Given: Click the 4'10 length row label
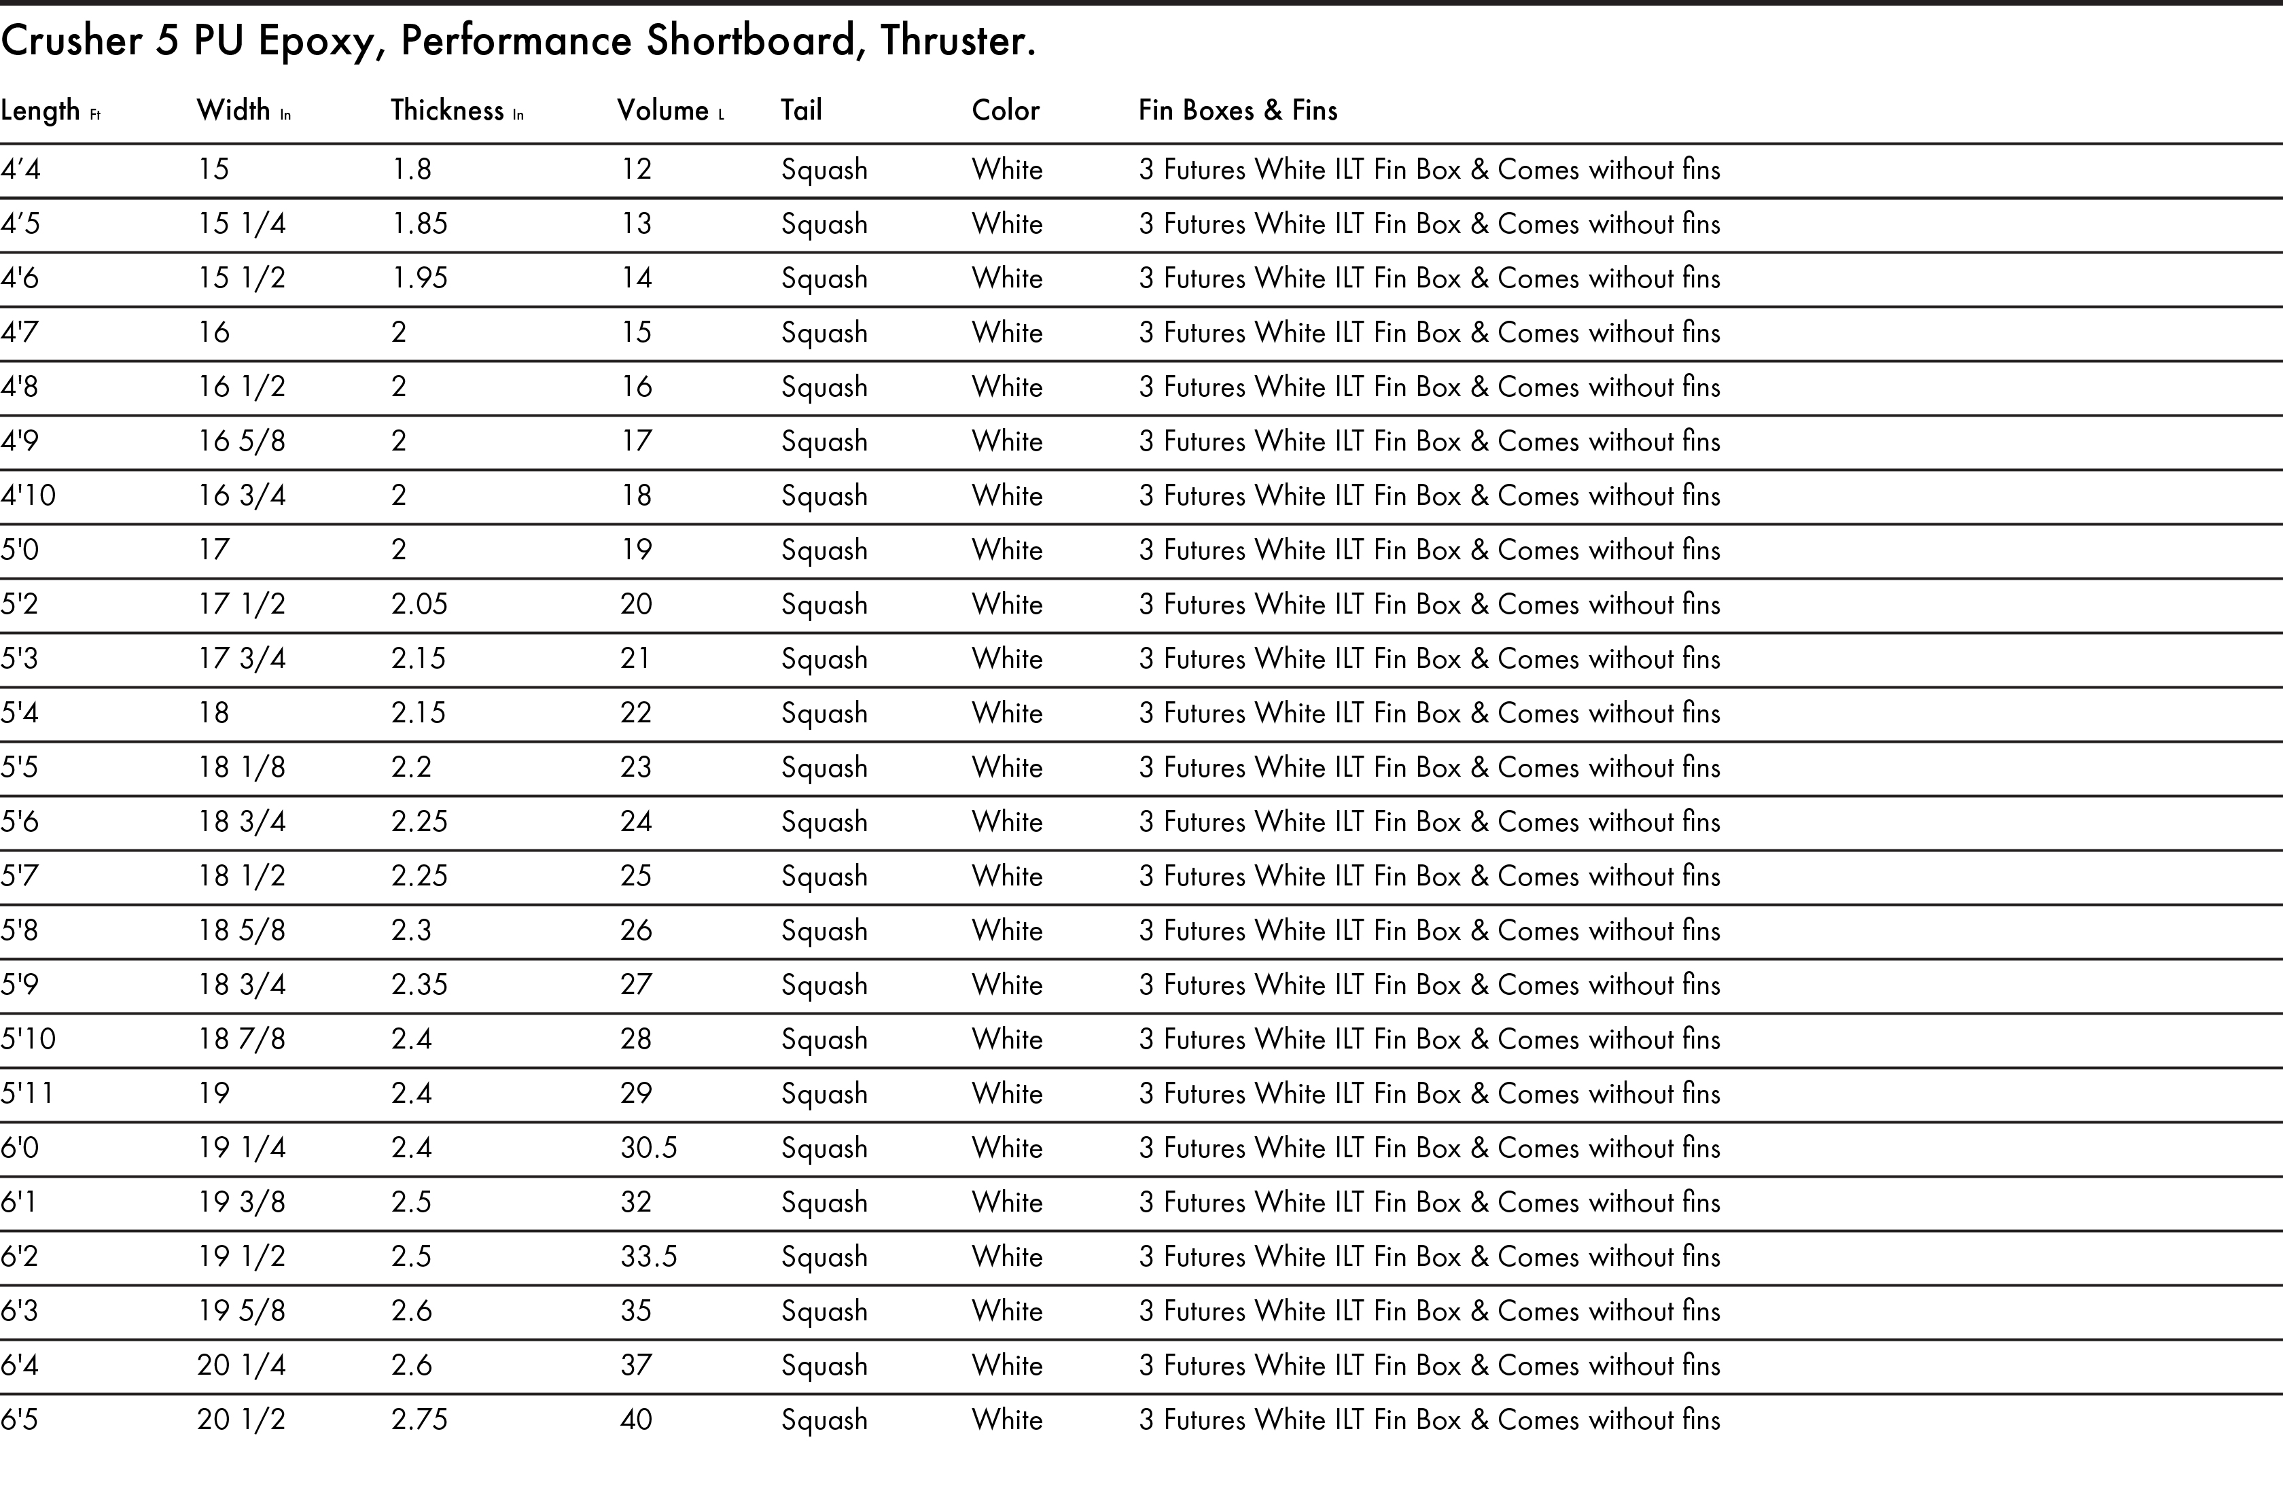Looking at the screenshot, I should (x=28, y=495).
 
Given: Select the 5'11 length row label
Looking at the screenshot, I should (x=27, y=1093).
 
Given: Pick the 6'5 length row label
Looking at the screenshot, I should (x=19, y=1419).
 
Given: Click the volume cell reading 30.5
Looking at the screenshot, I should (x=648, y=1148).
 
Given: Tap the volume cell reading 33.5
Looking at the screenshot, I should (x=648, y=1256).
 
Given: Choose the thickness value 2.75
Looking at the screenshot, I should (x=419, y=1419).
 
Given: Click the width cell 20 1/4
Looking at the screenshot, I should (x=242, y=1365).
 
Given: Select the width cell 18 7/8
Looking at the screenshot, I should (x=242, y=1038).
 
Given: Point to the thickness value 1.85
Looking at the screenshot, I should (x=419, y=224).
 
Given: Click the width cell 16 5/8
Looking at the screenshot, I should (x=242, y=440).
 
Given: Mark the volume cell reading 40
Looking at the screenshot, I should (x=636, y=1419).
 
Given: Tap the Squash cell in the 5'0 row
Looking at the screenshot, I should (x=824, y=550).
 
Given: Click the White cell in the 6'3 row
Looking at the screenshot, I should (x=1007, y=1311).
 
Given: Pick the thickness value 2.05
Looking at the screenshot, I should (x=419, y=603).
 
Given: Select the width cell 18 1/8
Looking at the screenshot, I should (x=242, y=767).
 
